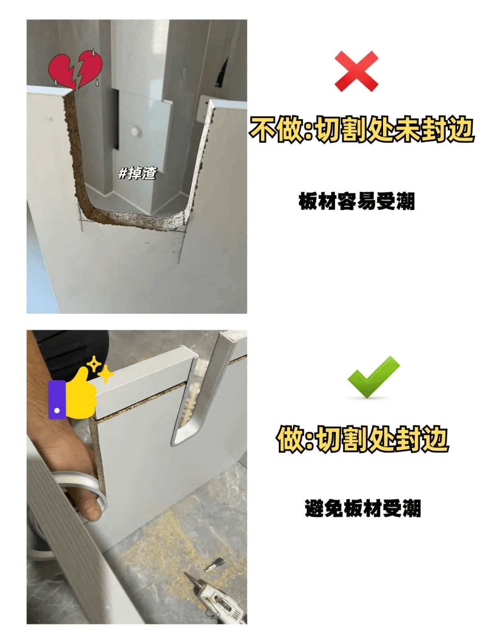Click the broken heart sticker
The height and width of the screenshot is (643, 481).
(x=75, y=70)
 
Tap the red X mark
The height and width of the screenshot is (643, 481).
(x=356, y=71)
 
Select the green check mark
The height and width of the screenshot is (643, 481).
(x=373, y=377)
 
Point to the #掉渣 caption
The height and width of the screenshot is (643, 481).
(x=137, y=173)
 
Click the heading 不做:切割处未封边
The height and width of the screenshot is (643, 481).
(x=362, y=130)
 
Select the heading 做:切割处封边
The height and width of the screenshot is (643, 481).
(x=362, y=439)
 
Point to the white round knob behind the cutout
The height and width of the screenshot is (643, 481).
(x=135, y=131)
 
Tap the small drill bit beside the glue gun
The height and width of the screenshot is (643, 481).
(x=214, y=565)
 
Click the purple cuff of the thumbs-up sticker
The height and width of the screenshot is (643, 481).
(x=57, y=399)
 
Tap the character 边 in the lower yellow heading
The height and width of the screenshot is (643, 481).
(x=435, y=439)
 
